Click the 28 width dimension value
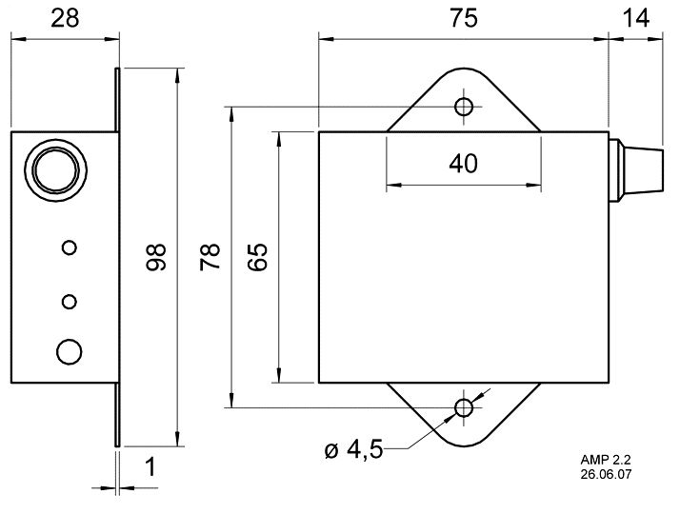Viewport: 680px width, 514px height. coord(65,19)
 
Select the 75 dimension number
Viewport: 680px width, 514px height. coord(463,19)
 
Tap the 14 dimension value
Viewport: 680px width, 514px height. coord(636,19)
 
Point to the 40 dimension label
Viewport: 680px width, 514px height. coord(463,164)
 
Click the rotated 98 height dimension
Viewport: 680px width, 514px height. coord(156,257)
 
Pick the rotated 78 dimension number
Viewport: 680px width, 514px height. coord(210,257)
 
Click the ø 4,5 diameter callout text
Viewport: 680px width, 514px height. coord(353,449)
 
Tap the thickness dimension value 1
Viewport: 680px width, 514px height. coord(150,467)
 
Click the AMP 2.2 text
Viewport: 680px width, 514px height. coord(606,460)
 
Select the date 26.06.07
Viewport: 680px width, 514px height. coord(606,474)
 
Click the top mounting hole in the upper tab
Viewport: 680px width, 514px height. coord(464,107)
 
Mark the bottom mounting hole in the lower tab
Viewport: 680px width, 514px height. coord(464,407)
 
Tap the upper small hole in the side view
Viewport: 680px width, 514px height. coord(70,247)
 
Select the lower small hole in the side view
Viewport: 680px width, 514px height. coord(70,301)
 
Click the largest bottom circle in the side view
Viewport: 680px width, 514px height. coord(70,351)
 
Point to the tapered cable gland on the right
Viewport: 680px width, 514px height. coord(636,170)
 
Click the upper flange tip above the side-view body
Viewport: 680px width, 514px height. coord(117,68)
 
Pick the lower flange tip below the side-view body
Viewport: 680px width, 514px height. coord(117,446)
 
